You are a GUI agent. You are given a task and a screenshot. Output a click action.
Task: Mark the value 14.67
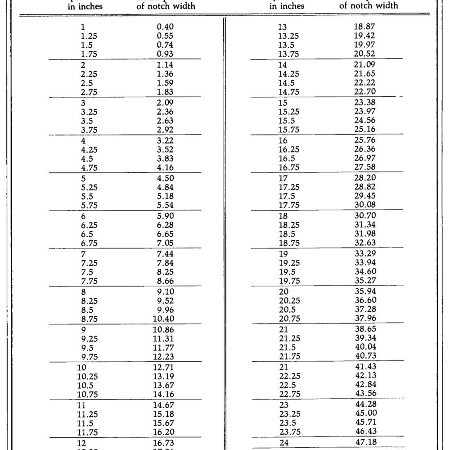coord(163,405)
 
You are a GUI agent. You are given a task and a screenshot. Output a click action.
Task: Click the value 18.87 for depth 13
coord(364,27)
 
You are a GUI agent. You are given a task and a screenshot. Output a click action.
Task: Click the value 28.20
coord(364,177)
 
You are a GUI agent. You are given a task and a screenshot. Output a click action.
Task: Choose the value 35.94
coord(364,290)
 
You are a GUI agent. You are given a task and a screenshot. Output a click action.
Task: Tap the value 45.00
coord(364,413)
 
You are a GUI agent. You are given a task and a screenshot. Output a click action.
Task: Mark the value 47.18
coord(364,441)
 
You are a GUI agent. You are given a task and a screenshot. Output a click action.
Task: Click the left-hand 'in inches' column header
coord(85,6)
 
